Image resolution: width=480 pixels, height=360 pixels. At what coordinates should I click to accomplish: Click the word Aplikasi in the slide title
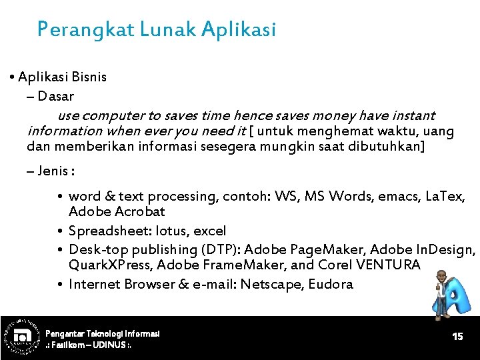(x=237, y=30)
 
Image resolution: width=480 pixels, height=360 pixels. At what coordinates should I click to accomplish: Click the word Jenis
(x=53, y=171)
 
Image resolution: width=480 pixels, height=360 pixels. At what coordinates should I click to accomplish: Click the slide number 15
(x=457, y=337)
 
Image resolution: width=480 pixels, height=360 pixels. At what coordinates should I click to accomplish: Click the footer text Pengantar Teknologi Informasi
(x=103, y=333)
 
